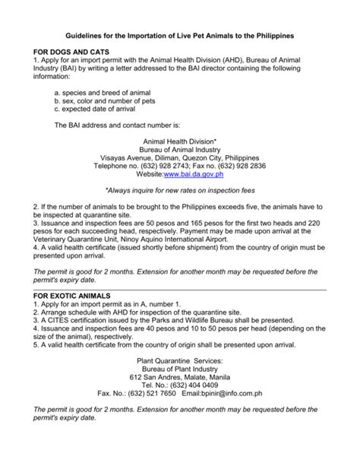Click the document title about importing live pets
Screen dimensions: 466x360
click(x=179, y=36)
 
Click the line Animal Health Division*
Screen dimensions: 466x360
click(x=180, y=141)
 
